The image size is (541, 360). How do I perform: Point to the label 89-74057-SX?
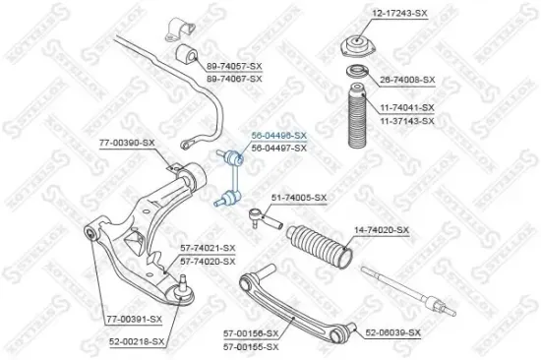coord(234,66)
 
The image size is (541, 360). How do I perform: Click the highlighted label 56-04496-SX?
coord(279,135)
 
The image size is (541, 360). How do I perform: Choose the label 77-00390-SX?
coord(127,144)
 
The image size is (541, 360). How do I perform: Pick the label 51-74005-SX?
coord(298,198)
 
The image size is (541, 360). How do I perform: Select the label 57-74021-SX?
coord(208,249)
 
